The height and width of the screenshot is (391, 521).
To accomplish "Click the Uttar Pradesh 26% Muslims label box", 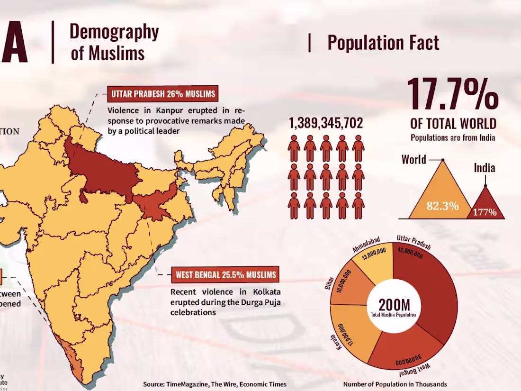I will pos(163,94).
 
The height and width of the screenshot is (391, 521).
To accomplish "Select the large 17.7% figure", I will pos(452,94).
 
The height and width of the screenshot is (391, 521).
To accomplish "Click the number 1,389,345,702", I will pos(326,123).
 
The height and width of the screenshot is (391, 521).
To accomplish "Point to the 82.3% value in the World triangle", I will pos(442,206).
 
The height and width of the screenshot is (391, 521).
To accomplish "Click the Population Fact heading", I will pos(383,43).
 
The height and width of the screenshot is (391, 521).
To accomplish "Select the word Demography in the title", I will pos(114,32).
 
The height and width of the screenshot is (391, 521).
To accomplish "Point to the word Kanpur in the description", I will pos(163,111).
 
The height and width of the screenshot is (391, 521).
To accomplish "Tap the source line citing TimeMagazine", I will pos(215,384).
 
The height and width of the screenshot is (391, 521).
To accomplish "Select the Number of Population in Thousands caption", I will pos(395,384).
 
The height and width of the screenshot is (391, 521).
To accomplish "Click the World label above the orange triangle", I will pos(414,159).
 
